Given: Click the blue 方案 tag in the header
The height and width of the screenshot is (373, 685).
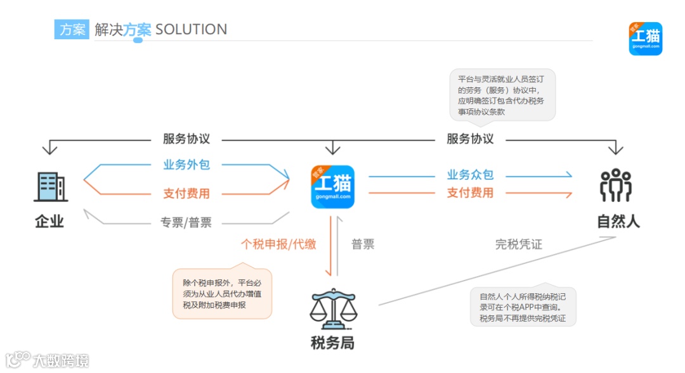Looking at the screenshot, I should [72, 29].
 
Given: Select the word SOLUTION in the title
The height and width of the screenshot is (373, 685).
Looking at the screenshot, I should [191, 29].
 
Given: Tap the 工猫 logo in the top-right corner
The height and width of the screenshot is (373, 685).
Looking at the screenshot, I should [645, 39].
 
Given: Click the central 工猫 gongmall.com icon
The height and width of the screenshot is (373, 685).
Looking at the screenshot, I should [333, 186].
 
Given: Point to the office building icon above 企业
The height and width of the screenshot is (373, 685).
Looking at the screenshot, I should [50, 186].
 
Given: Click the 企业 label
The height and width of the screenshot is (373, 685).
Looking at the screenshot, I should [49, 221].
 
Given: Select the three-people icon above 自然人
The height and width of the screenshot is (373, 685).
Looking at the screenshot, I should [615, 186].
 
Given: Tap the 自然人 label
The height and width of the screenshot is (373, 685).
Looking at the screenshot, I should [618, 221].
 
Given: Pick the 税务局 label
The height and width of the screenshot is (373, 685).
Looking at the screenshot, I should [332, 343].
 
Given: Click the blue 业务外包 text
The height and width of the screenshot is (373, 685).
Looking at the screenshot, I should [186, 165].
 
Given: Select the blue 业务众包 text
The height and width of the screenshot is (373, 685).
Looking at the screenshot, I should [470, 175].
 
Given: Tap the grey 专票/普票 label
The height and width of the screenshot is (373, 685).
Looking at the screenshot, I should [186, 222].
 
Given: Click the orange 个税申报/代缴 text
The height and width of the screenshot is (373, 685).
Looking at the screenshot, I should [278, 244].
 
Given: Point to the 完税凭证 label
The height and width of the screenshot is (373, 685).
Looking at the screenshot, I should [519, 244].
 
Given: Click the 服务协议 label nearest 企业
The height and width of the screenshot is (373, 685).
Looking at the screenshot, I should [186, 139].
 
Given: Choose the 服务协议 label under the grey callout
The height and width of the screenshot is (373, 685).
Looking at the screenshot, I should [470, 139].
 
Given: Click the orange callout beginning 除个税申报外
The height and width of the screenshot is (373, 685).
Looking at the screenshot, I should [222, 294].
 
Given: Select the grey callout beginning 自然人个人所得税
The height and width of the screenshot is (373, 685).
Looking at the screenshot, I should [523, 307].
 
